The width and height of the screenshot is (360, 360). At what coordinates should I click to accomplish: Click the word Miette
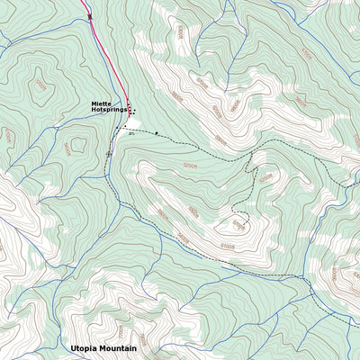pyautogui.click(x=100, y=104)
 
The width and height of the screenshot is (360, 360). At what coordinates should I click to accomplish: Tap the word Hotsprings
pyautogui.click(x=108, y=112)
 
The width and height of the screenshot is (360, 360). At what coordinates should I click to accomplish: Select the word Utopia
pyautogui.click(x=85, y=347)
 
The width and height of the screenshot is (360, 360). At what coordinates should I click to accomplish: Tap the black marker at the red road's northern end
pyautogui.click(x=89, y=16)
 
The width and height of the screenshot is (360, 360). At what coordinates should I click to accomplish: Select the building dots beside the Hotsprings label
pyautogui.click(x=131, y=111)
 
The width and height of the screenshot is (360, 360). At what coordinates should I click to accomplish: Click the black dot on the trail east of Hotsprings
pyautogui.click(x=156, y=133)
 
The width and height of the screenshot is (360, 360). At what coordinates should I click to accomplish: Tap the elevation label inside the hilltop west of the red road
pyautogui.click(x=40, y=85)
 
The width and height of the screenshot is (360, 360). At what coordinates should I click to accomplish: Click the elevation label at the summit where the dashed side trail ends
pyautogui.click(x=238, y=223)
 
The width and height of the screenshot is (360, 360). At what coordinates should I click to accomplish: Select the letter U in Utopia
pyautogui.click(x=73, y=347)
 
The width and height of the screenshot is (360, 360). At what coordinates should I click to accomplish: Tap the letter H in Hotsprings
pyautogui.click(x=94, y=112)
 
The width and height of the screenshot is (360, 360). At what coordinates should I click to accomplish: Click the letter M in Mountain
pyautogui.click(x=103, y=347)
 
